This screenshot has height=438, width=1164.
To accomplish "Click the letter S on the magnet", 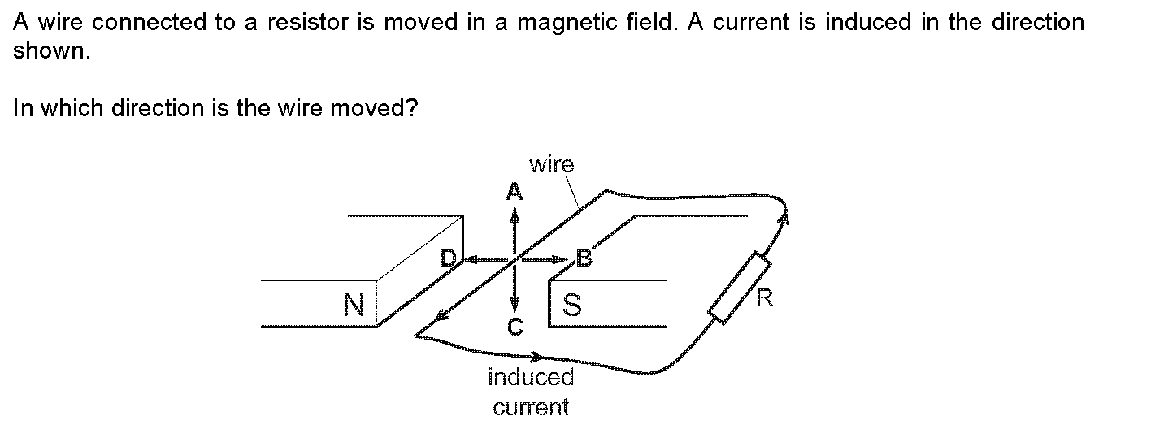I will [572, 305].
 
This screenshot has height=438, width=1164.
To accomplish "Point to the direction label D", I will [448, 259].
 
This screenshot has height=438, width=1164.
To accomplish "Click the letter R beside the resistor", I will [764, 298].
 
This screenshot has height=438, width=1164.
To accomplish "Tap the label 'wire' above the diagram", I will [551, 165].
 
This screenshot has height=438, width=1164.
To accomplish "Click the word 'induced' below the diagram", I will [531, 377].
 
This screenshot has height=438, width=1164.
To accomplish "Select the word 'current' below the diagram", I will [531, 406].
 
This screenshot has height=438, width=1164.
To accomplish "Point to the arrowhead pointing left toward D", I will [469, 260].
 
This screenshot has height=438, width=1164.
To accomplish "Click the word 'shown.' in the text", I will [50, 50].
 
